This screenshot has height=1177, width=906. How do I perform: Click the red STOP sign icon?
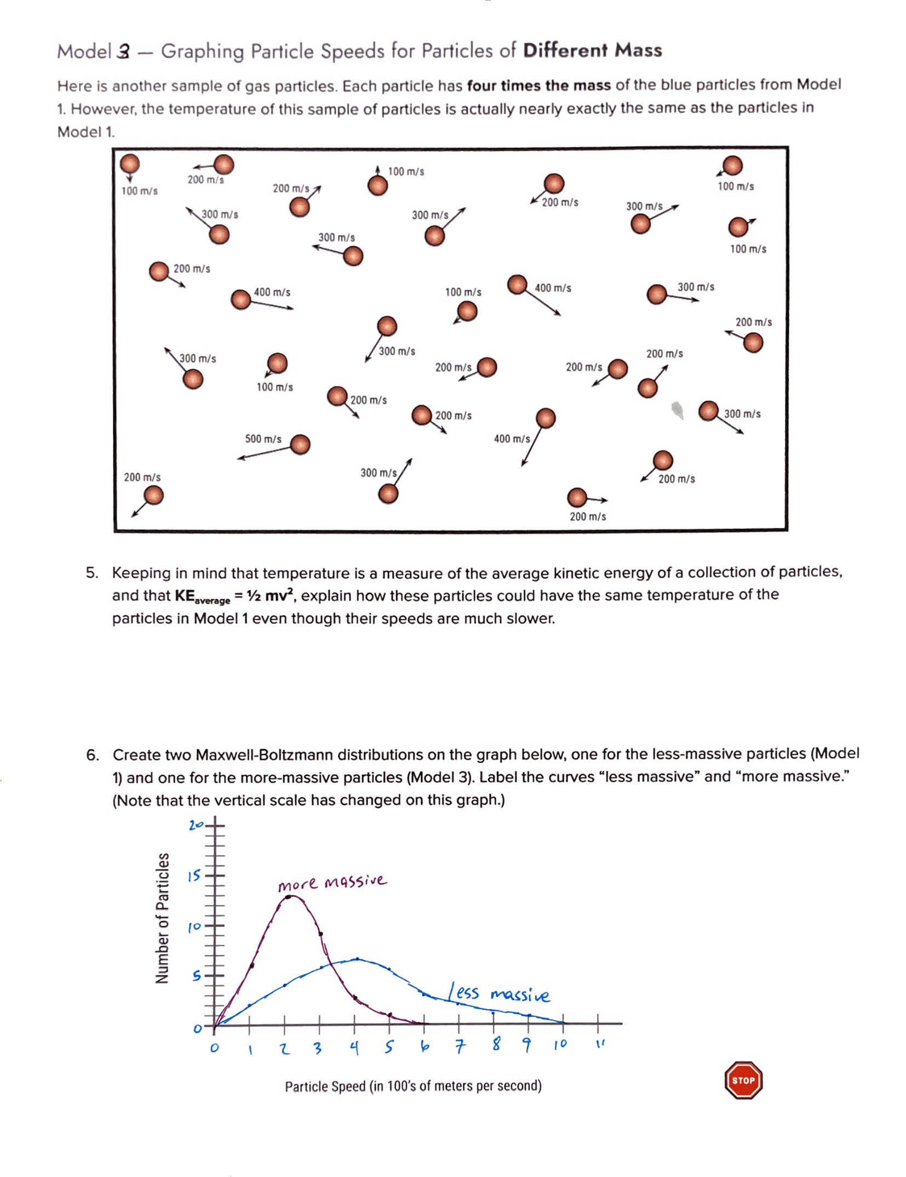pos(743,1080)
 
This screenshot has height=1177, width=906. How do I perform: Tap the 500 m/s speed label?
pos(263,439)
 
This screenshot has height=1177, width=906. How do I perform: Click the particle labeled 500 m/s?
pos(300,444)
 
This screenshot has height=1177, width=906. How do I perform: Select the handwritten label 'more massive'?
pos(332,882)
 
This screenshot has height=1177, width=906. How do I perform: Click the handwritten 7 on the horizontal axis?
pos(460,1046)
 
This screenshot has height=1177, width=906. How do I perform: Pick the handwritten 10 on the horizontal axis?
pos(560,1045)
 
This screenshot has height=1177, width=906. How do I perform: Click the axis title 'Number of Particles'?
pos(162,918)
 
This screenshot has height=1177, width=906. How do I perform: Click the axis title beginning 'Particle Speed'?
pos(413,1086)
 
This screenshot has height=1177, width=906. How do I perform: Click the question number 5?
pos(92,573)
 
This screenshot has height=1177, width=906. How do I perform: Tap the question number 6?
pos(93,755)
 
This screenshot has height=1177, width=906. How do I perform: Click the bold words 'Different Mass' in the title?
pos(592,50)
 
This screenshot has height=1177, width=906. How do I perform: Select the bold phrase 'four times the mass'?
pos(538,86)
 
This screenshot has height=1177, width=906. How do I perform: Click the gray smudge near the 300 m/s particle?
pos(678,410)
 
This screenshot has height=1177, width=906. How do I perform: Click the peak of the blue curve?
pos(357,959)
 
